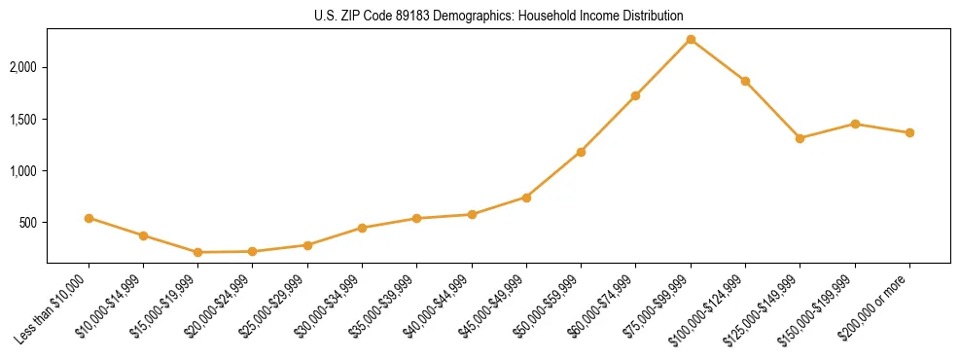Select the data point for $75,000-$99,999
tap(691, 39)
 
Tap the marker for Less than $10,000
tap(89, 218)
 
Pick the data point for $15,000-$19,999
tap(197, 252)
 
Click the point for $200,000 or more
tap(909, 132)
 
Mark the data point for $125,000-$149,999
tap(800, 138)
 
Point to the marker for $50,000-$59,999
tap(581, 152)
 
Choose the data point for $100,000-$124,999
tap(745, 81)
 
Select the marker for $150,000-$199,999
tap(855, 124)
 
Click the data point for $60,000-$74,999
tap(635, 95)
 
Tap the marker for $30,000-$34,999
tap(362, 228)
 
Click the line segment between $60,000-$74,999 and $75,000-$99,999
tap(663, 67)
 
